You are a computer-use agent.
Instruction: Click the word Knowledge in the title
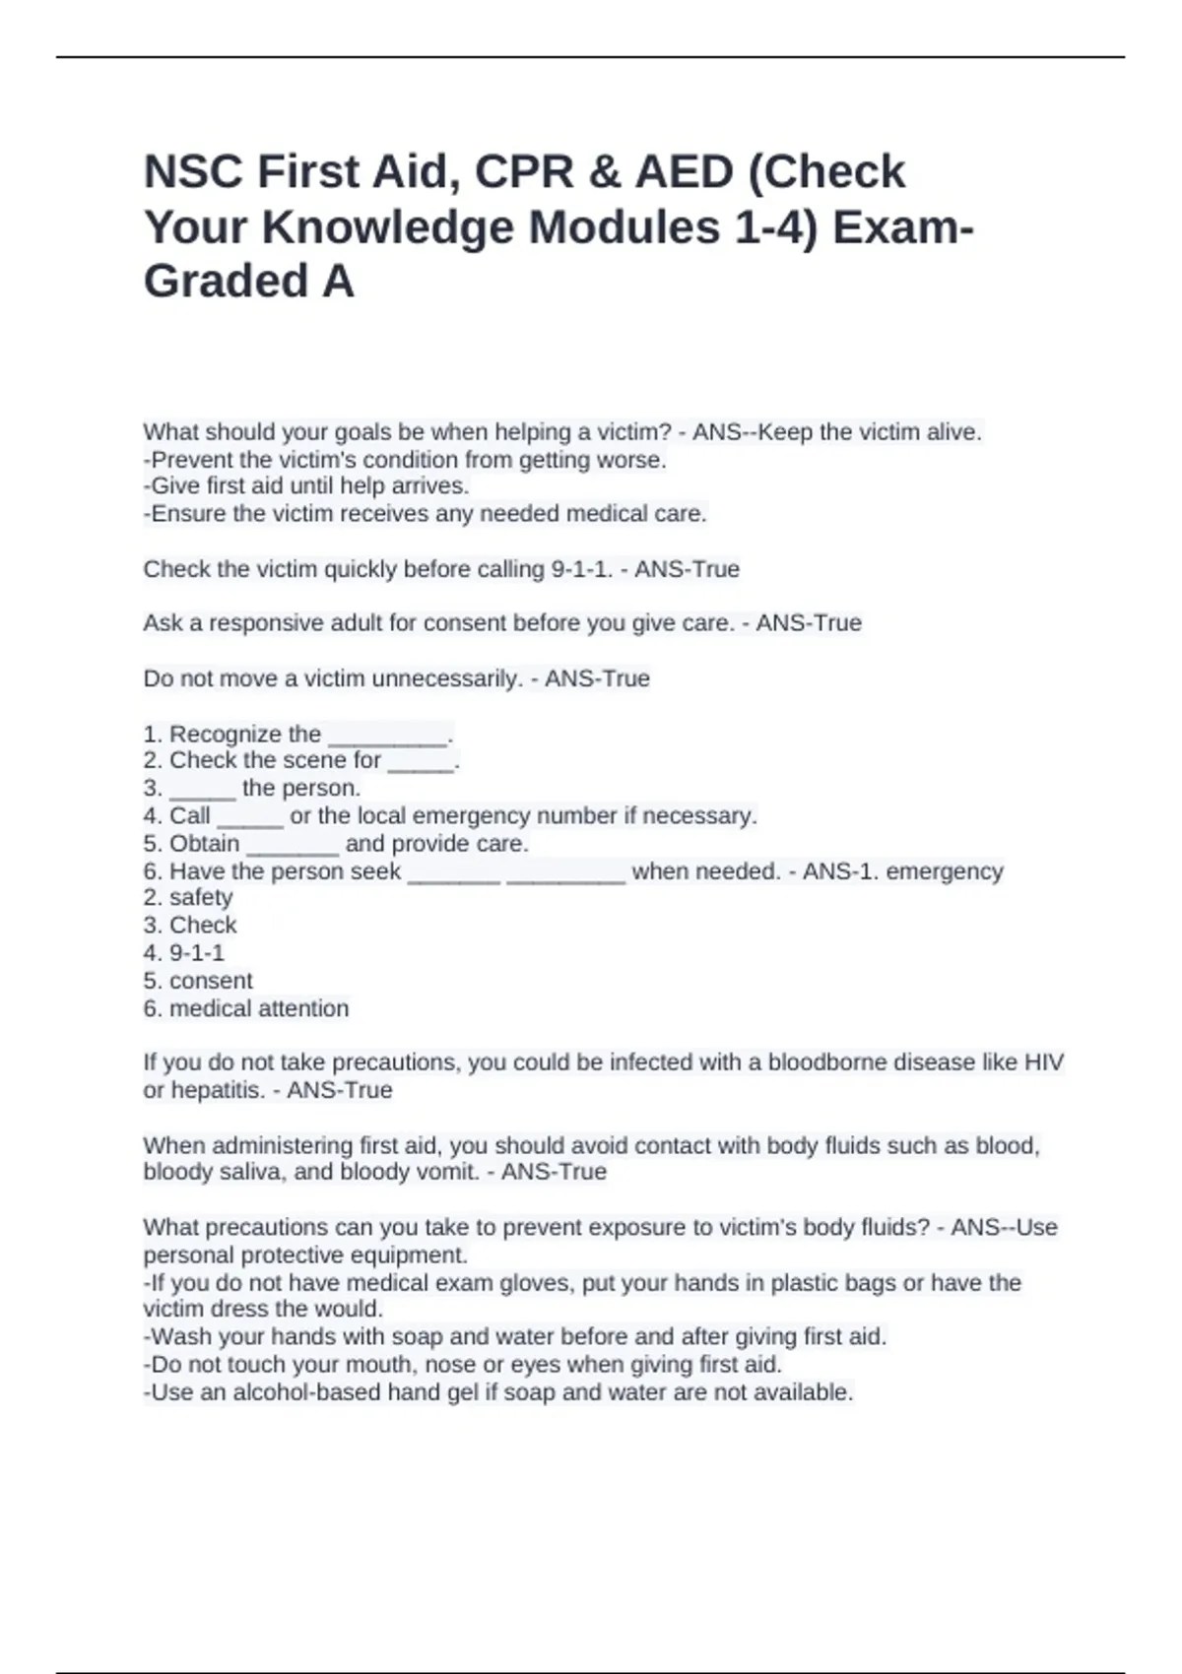pyautogui.click(x=391, y=227)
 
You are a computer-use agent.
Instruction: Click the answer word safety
pyautogui.click(x=201, y=898)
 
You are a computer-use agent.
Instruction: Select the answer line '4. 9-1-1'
pyautogui.click(x=184, y=953)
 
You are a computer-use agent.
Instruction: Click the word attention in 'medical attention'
pyautogui.click(x=302, y=1008)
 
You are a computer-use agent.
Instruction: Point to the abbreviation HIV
pyautogui.click(x=1044, y=1062)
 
